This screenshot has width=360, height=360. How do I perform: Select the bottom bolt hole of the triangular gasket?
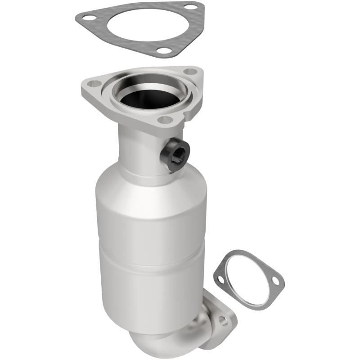coord(166,51)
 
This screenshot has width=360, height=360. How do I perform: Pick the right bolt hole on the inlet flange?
coord(191,71)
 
